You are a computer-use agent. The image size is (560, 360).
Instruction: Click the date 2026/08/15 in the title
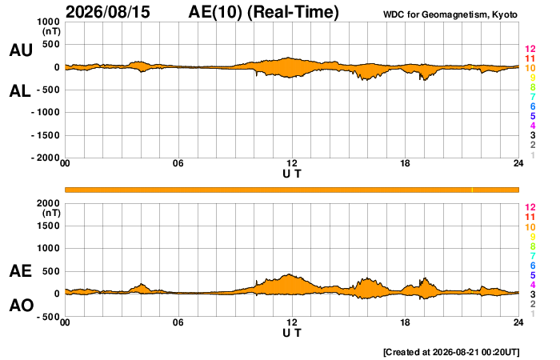tap(108, 12)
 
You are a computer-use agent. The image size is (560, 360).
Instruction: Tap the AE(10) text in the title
tap(215, 12)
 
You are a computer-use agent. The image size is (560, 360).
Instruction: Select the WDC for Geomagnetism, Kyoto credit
tap(450, 14)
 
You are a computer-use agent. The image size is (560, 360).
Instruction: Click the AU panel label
tap(21, 50)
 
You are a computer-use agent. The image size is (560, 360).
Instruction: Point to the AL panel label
tap(20, 91)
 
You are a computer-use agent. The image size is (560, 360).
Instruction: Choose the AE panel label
tap(20, 271)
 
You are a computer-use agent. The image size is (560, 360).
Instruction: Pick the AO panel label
tap(22, 306)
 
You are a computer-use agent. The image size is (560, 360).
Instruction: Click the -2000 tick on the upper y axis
tap(46, 158)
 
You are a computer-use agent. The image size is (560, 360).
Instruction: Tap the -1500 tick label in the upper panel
tap(46, 135)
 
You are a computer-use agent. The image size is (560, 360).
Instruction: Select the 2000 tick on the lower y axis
tap(48, 203)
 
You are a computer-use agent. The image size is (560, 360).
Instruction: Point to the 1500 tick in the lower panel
tap(48, 226)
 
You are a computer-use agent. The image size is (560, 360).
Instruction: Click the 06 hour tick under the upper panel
tap(178, 163)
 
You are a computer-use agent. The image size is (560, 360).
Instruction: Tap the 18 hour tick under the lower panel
tap(405, 322)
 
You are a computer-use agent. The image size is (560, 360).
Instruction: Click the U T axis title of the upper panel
tap(292, 174)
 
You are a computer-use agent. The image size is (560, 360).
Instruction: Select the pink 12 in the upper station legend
tap(530, 49)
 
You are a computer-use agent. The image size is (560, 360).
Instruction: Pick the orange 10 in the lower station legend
tap(530, 226)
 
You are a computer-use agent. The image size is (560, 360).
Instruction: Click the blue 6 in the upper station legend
tap(533, 106)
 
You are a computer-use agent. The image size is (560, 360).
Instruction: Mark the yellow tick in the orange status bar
tap(472, 190)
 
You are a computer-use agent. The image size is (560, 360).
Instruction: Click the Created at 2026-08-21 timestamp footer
tap(451, 352)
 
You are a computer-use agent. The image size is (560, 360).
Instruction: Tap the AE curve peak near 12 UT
tap(290, 274)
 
